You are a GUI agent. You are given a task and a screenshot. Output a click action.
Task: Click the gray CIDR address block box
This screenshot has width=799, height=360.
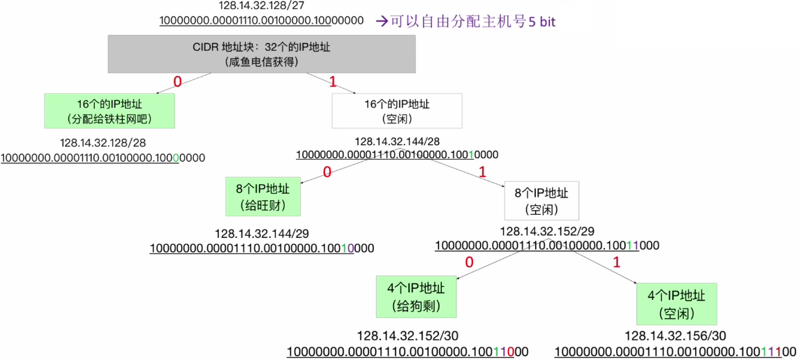(x=262, y=54)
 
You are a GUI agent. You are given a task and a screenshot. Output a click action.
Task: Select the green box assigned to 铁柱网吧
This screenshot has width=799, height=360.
(x=110, y=110)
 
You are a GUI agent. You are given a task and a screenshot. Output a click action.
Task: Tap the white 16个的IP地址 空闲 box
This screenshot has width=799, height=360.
(x=397, y=110)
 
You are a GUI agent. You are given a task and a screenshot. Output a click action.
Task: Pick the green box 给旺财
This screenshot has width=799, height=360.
(x=263, y=197)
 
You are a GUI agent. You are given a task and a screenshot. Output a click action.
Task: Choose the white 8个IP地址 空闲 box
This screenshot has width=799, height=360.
(x=542, y=200)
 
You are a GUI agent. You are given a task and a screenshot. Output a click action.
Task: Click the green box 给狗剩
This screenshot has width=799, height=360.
(x=417, y=297)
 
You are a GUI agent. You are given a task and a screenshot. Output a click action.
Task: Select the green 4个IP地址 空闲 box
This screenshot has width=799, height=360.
(x=677, y=303)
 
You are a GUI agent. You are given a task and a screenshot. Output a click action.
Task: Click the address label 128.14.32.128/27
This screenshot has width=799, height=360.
(x=262, y=6)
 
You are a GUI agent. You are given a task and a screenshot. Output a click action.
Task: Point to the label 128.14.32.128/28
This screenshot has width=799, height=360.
(x=103, y=144)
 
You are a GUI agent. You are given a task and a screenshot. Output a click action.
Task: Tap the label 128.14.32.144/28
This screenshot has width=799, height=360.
(x=397, y=140)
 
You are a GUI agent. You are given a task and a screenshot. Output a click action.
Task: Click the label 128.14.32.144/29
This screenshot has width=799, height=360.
(x=262, y=234)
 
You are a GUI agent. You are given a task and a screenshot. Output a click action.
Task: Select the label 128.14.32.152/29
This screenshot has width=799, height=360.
(x=547, y=231)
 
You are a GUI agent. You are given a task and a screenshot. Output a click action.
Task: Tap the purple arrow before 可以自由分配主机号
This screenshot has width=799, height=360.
(x=382, y=22)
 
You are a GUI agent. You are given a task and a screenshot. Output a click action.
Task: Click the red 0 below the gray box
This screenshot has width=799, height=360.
(x=178, y=81)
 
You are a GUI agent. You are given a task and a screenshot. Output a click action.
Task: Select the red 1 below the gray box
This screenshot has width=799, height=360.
(x=333, y=82)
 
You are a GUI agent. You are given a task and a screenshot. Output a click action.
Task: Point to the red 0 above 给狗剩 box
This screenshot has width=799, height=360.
(x=470, y=263)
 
